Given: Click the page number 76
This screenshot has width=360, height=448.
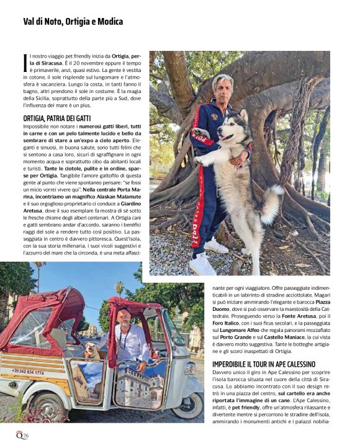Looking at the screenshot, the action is point(26,436).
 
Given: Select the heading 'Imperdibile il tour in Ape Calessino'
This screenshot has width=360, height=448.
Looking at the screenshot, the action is point(264,364).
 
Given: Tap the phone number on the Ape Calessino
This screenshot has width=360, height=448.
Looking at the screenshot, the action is point(28,372).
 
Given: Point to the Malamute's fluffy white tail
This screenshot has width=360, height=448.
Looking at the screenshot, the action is point(271,204).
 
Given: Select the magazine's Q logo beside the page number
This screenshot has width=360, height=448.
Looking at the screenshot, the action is point(19,435).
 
